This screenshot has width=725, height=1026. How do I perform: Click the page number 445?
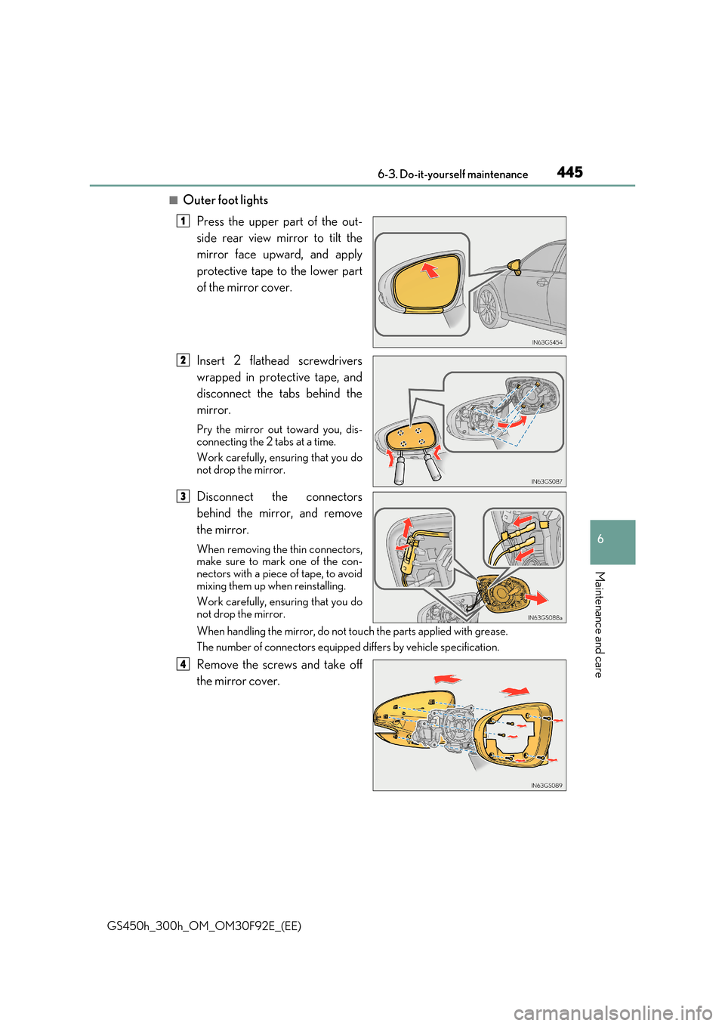[569, 172]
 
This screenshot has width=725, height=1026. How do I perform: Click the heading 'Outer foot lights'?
[225, 200]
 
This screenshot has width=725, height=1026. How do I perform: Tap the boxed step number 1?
[183, 221]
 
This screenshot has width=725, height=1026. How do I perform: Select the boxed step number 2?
[183, 360]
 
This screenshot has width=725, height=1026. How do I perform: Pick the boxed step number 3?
[183, 496]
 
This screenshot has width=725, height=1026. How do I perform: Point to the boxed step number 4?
[183, 664]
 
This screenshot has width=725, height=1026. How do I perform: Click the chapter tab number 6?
[600, 539]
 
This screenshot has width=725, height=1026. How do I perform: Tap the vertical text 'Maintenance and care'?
[599, 624]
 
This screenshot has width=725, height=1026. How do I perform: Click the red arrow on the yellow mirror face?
[430, 270]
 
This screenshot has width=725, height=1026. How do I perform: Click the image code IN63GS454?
[547, 342]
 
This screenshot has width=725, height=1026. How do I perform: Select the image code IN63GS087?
[546, 481]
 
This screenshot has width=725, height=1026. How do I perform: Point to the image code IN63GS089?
[546, 786]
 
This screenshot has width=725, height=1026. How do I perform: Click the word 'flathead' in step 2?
[269, 361]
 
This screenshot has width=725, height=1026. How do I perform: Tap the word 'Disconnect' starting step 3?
[225, 497]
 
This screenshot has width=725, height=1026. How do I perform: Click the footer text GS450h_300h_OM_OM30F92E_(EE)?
[204, 926]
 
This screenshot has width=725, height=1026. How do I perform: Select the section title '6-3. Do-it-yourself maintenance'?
[452, 175]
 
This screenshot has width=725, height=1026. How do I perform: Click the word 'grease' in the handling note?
[490, 632]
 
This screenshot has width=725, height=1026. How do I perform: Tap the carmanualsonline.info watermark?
[612, 1012]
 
